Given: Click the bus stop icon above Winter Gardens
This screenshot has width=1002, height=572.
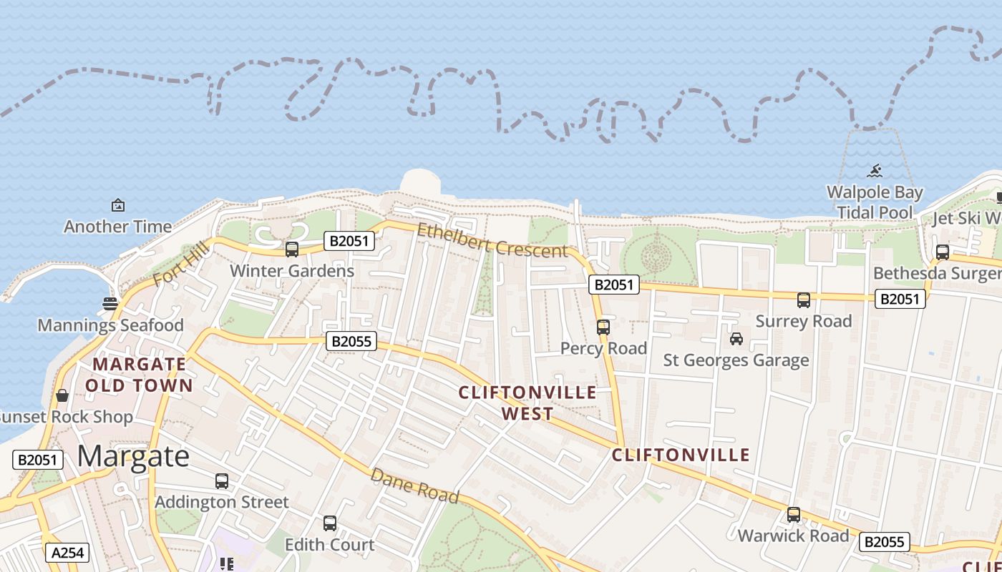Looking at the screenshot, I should [292, 250].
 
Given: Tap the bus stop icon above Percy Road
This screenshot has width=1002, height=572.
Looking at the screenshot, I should [603, 327].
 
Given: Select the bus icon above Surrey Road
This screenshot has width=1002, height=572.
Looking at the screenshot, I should [804, 300].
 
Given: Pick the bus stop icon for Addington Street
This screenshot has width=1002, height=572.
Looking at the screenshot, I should [222, 481].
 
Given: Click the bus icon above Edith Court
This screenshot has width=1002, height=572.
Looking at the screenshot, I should [329, 523].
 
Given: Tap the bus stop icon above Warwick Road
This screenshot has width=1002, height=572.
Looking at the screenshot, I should [793, 515].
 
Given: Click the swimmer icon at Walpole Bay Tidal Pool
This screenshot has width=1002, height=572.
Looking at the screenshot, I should [875, 172].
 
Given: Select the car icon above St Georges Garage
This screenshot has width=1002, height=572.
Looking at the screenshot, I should [736, 339].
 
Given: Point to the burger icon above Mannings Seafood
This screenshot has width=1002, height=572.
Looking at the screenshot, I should [110, 304].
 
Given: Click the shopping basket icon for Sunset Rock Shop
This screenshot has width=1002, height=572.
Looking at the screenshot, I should [62, 395].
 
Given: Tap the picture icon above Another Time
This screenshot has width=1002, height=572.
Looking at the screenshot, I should [118, 206].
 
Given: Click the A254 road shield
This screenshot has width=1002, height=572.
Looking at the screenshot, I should [68, 553].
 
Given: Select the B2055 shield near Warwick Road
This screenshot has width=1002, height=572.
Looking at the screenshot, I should [884, 542].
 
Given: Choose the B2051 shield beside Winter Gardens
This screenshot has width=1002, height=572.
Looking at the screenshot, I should [349, 241].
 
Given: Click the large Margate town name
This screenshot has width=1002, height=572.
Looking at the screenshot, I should [133, 455].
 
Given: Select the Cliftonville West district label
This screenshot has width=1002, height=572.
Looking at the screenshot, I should [527, 403].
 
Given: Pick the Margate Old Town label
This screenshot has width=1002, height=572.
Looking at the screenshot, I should [140, 375].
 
